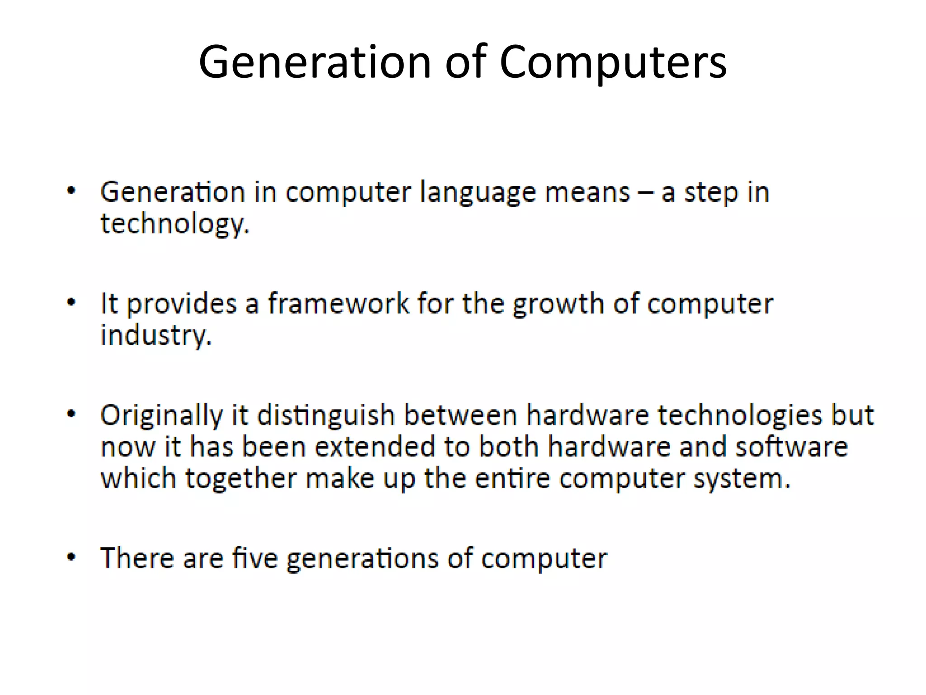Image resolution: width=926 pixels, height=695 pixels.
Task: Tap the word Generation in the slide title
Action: [315, 62]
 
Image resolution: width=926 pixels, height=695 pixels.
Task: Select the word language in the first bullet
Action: [478, 193]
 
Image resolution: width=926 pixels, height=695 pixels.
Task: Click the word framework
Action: [338, 303]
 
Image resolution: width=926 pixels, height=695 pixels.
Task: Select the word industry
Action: [155, 336]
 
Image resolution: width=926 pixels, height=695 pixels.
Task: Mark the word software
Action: [791, 447]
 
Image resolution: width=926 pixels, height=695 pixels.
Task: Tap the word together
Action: [241, 478]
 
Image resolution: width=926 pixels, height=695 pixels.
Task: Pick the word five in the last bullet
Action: [255, 558]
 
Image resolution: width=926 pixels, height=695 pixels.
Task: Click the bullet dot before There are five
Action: [71, 557]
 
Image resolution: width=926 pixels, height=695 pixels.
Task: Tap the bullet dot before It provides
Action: [71, 302]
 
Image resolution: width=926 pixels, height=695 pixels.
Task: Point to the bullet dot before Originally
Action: [71, 414]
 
